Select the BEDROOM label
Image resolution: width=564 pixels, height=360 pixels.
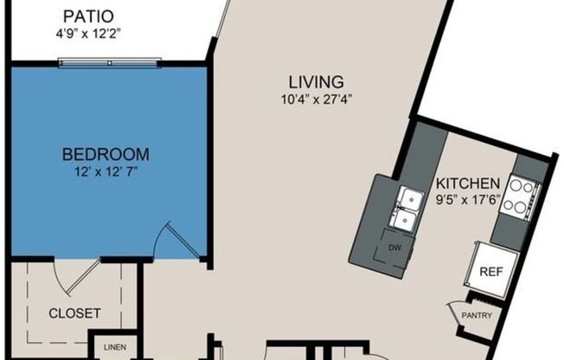click(106, 155)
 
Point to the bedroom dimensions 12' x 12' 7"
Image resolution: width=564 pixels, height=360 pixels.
click(106, 171)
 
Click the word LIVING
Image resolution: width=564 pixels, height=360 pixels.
click(317, 81)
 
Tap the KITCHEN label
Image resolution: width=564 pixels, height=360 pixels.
click(467, 183)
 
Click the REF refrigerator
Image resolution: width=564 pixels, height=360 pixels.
click(491, 270)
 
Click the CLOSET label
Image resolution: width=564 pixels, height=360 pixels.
click(74, 312)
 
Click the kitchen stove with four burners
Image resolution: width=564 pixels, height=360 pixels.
click(522, 195)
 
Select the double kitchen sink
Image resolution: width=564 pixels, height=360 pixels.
click(403, 209)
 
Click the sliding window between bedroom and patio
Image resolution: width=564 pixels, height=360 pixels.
click(109, 61)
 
